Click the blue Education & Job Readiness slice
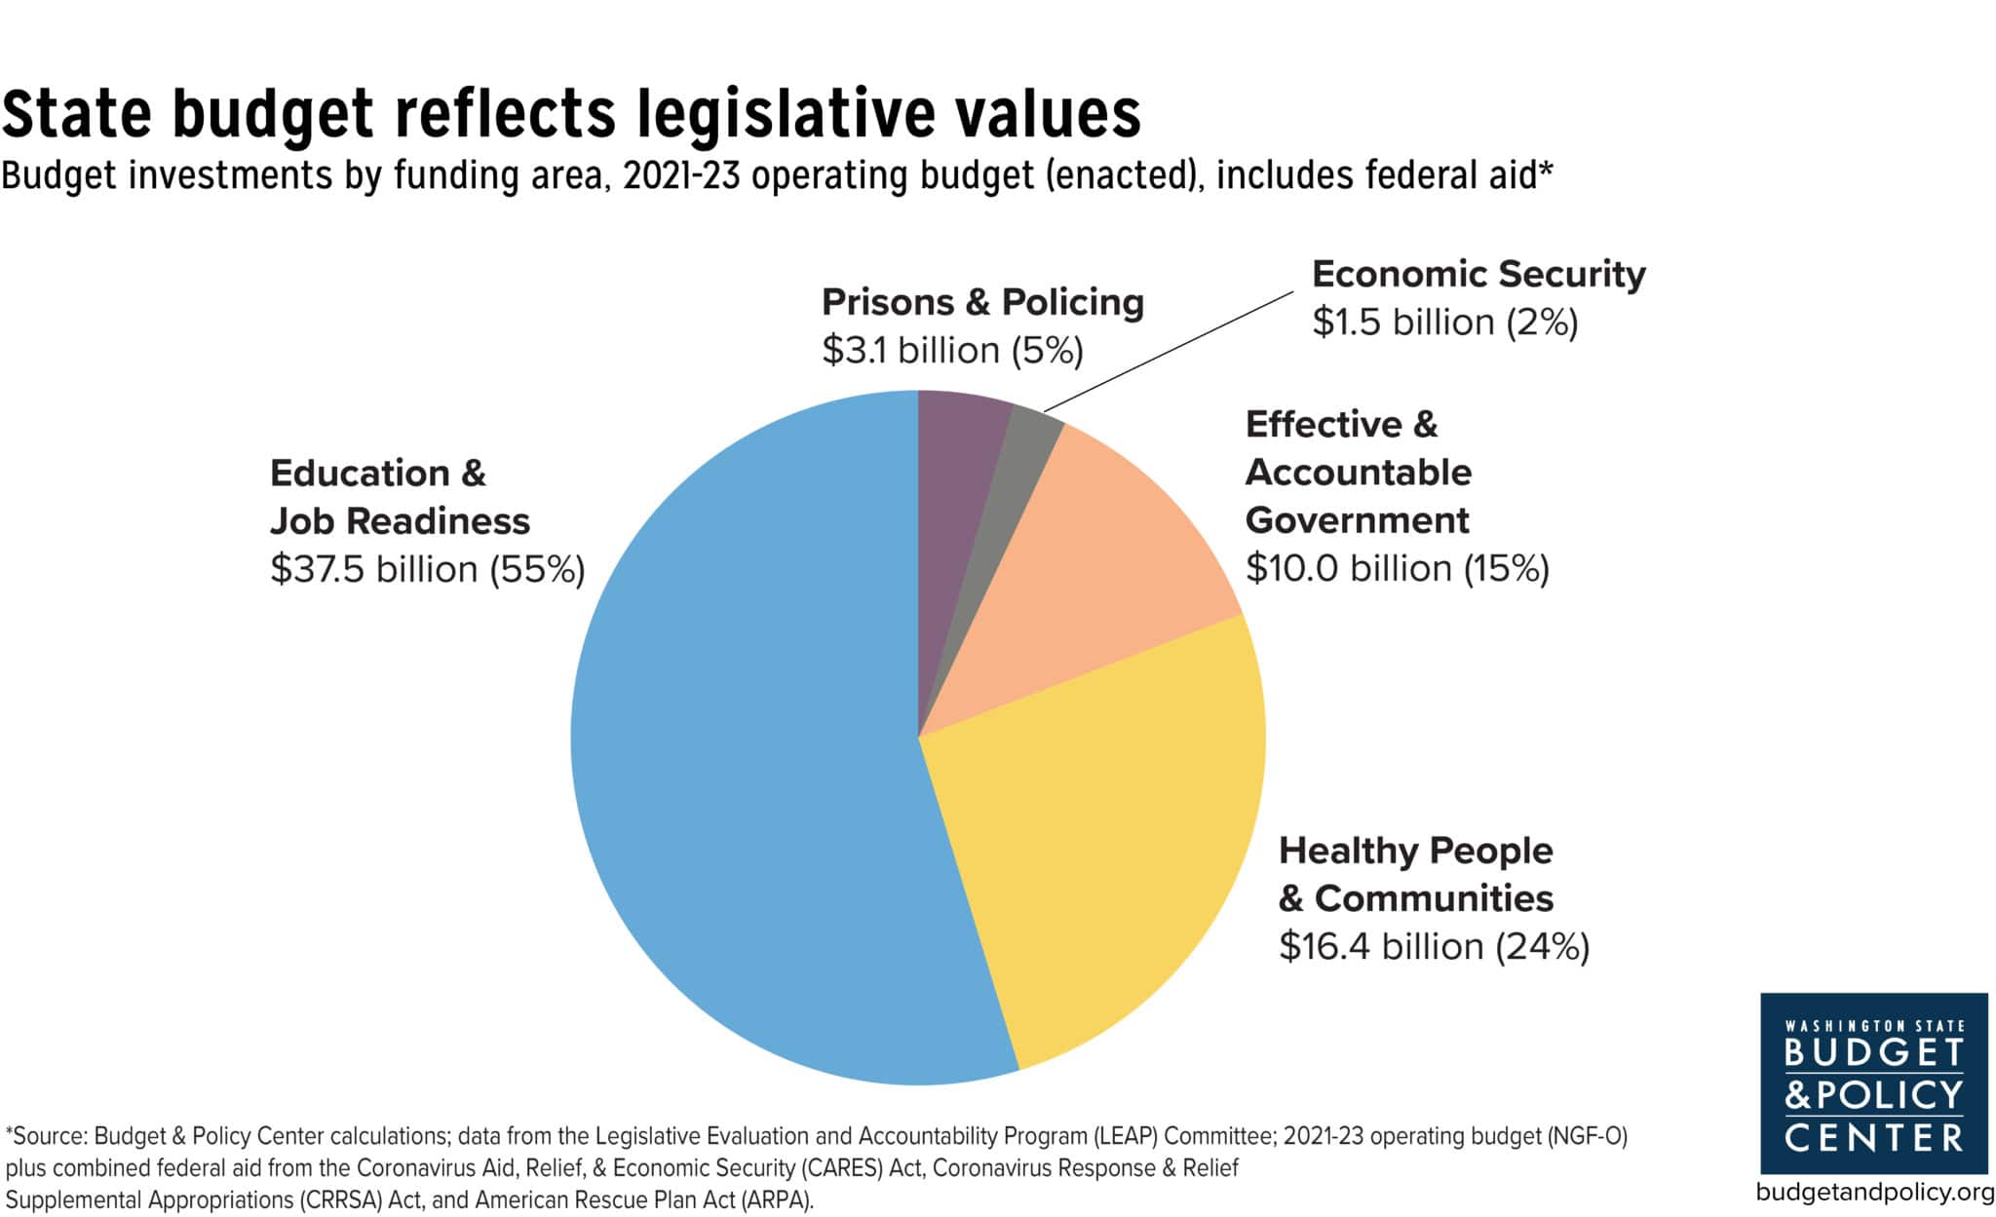pos(741,760)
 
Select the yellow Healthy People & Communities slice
pos(1092,857)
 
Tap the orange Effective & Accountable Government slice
pos(1101,565)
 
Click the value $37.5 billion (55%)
pos(427,569)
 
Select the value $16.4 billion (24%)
pos(1434,946)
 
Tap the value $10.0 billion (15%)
pos(1397,568)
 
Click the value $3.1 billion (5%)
pos(952,351)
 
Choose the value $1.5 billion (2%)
pos(1444,323)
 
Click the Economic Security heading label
pos(1478,274)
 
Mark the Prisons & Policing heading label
pos(982,302)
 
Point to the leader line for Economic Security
pos(1170,351)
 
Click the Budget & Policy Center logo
pos(1873,1084)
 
